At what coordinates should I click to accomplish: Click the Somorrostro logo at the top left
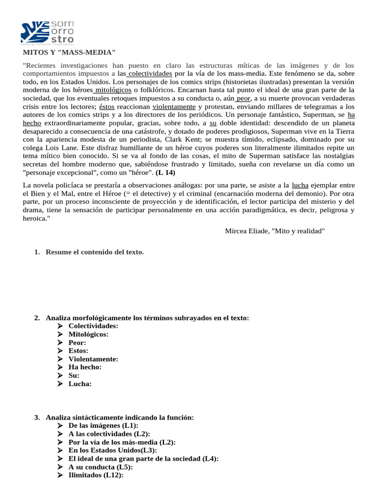(x=47, y=32)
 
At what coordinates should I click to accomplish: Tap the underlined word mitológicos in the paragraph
(x=113, y=90)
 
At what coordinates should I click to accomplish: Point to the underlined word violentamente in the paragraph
(x=174, y=107)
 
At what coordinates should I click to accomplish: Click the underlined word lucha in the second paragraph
(x=300, y=185)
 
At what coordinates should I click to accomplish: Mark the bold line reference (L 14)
(x=165, y=173)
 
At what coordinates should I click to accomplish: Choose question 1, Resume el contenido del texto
(x=94, y=252)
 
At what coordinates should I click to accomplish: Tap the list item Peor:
(x=77, y=342)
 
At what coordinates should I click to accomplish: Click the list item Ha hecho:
(x=85, y=367)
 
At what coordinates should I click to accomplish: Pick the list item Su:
(x=74, y=375)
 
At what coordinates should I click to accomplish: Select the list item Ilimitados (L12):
(x=95, y=475)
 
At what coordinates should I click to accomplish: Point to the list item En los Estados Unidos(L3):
(x=113, y=450)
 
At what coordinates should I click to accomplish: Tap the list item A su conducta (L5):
(x=100, y=467)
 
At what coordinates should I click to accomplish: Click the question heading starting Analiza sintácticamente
(x=120, y=418)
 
